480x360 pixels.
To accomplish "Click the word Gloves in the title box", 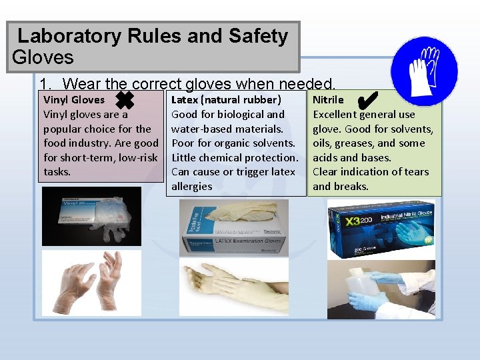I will click(x=43, y=57).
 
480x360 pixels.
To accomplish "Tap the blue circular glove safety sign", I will click(x=425, y=71).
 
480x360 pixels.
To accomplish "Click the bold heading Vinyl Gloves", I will click(x=74, y=100).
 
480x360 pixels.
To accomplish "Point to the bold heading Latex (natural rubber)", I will click(x=226, y=100).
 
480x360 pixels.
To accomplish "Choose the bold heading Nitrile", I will click(x=328, y=100).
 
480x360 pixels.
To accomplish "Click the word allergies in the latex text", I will click(x=191, y=187).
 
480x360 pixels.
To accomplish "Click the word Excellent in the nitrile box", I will click(x=335, y=115).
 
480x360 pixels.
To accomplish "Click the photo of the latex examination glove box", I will click(x=234, y=229).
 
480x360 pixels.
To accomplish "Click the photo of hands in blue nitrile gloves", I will click(x=381, y=289).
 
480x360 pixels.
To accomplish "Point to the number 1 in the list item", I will click(x=44, y=85).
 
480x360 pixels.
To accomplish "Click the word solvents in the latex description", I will click(x=273, y=143).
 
